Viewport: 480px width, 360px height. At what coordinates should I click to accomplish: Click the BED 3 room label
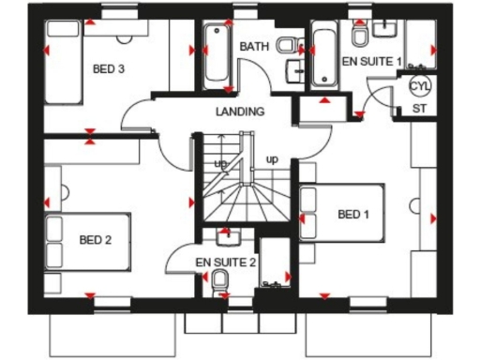109,68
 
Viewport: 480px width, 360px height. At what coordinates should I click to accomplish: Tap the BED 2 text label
96,240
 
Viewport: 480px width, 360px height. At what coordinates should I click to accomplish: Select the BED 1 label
353,215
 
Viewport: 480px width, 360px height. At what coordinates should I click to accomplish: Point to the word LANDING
239,112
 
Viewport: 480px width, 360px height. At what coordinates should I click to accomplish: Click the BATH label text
253,46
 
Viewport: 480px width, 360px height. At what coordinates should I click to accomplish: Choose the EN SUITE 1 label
370,62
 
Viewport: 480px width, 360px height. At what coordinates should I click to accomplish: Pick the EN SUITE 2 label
226,262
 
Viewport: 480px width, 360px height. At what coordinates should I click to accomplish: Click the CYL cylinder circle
419,86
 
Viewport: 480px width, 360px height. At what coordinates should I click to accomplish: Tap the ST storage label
419,109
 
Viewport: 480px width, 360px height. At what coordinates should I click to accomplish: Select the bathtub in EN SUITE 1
323,55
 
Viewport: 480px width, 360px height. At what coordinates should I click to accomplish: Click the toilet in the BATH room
292,43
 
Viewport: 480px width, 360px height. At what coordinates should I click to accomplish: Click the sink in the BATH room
294,70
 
